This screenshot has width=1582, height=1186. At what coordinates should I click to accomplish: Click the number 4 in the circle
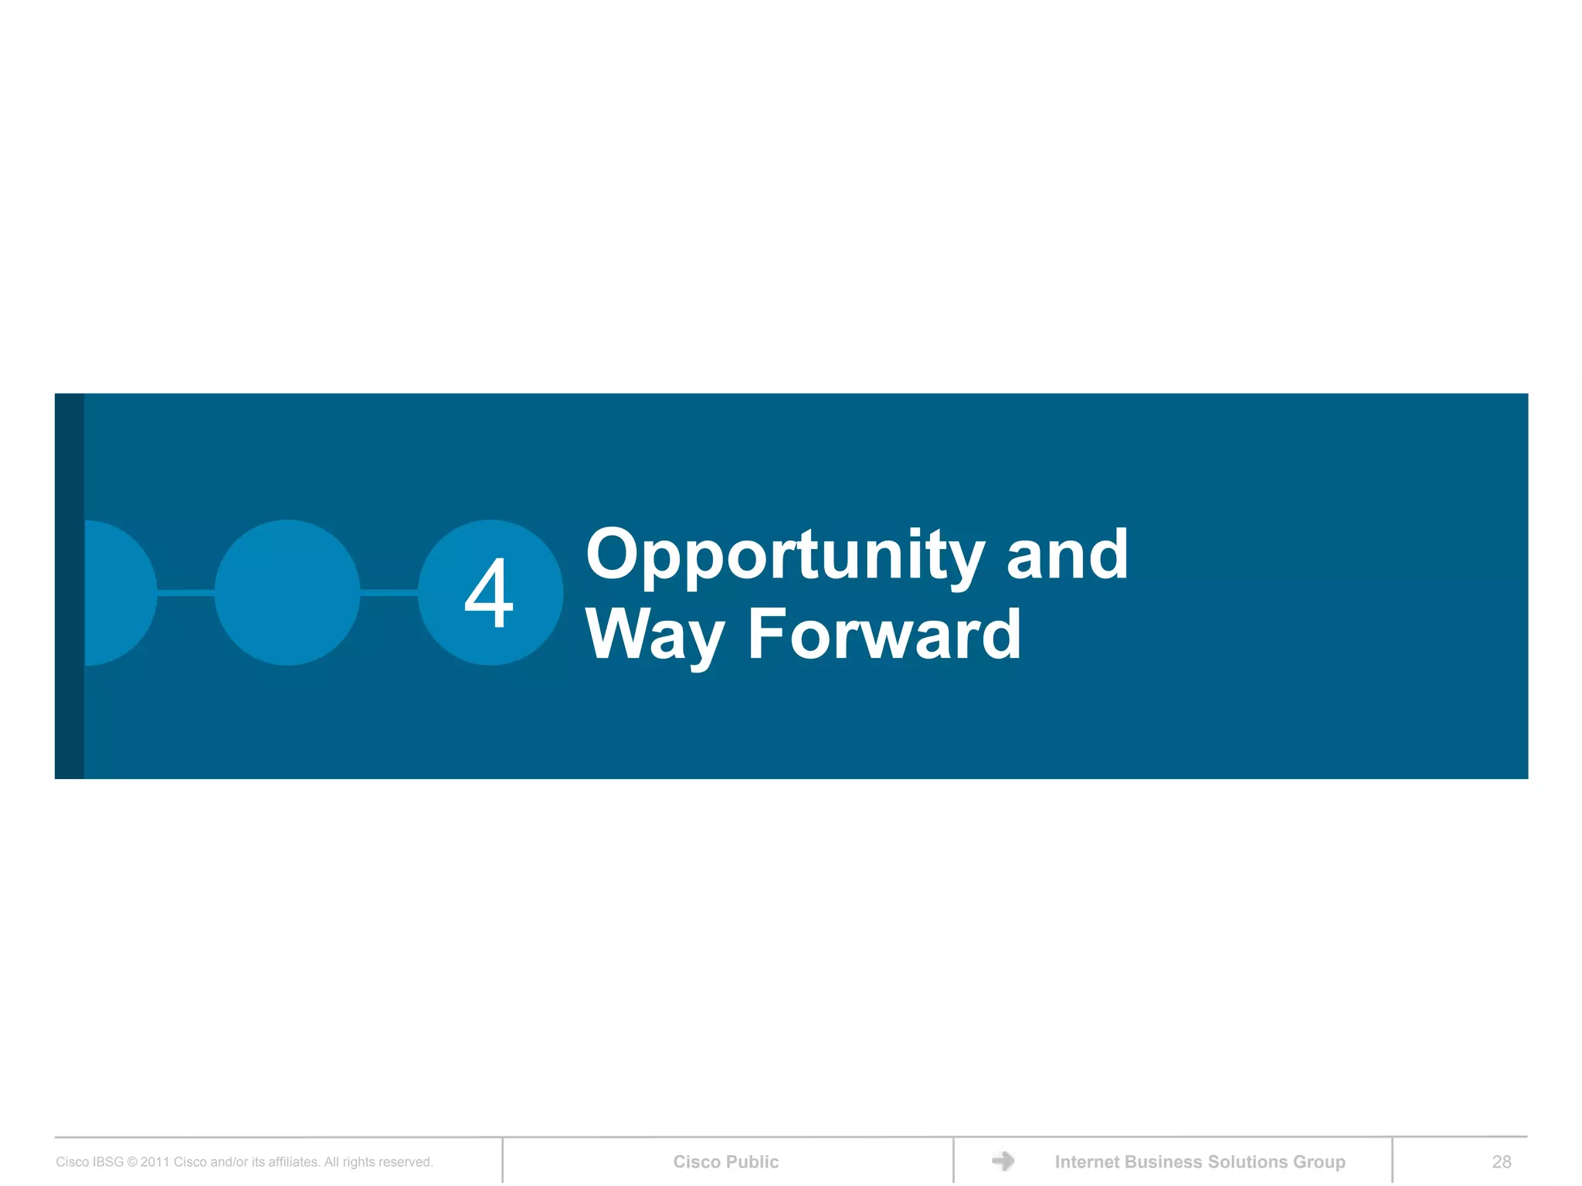coord(489,593)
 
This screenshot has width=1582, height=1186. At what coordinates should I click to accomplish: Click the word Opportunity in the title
coord(785,556)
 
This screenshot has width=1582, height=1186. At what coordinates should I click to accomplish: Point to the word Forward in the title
coord(884,635)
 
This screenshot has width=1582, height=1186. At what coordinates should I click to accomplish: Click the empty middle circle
coord(287,592)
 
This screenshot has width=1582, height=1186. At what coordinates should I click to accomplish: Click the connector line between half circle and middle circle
coord(185,592)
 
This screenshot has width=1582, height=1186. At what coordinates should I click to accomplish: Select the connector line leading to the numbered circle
coord(389,592)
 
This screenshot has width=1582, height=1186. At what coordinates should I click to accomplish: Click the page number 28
coord(1501,1161)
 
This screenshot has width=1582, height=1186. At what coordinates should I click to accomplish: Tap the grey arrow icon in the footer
coord(1003,1161)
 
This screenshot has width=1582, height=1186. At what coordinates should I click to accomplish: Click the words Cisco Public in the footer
coord(725,1161)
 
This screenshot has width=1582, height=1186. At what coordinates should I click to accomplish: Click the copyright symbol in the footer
coord(132,1162)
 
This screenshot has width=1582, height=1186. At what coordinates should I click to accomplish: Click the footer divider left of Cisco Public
coord(503,1160)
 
